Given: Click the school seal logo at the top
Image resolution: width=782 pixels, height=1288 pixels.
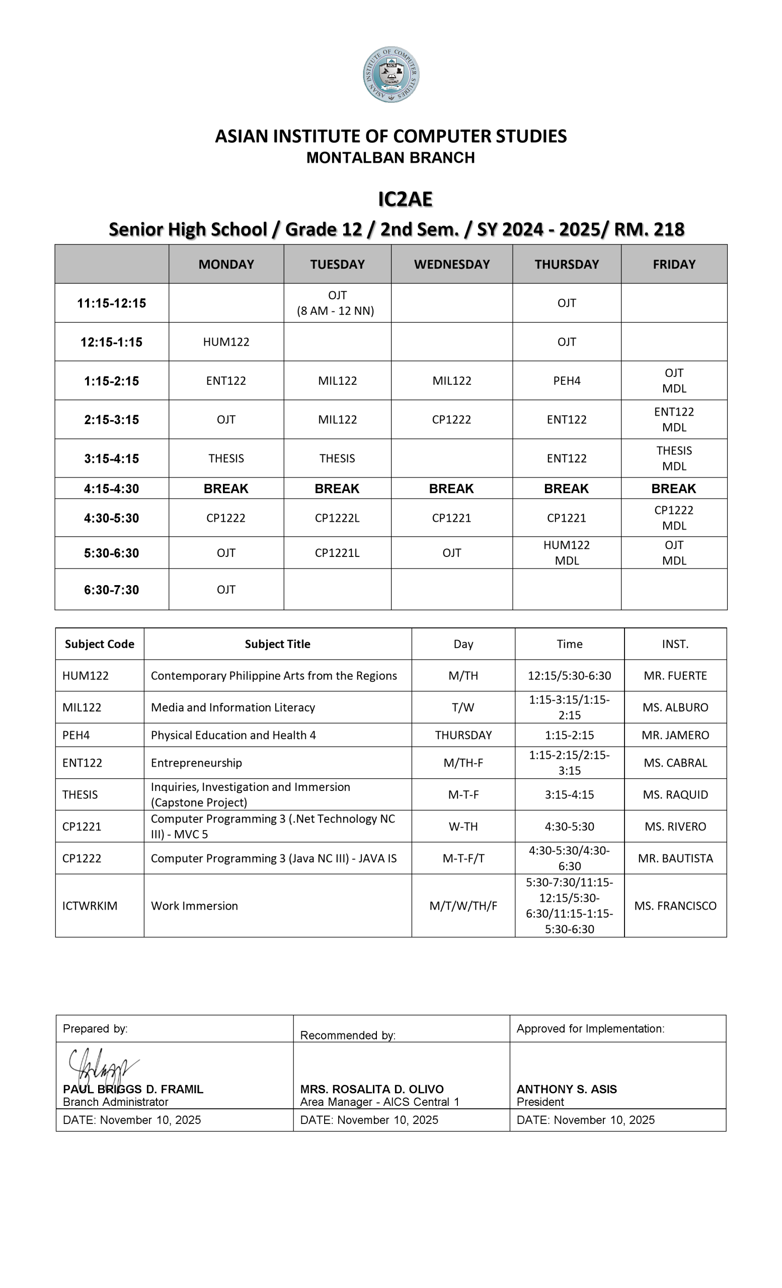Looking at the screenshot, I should [391, 74].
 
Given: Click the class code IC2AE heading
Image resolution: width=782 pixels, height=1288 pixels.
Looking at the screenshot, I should [405, 199].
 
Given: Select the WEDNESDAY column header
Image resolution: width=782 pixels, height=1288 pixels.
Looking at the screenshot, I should [451, 265].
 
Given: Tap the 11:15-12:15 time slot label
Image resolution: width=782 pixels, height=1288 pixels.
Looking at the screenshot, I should [111, 303].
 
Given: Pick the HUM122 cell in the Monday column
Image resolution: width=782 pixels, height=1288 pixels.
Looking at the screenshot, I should [226, 342].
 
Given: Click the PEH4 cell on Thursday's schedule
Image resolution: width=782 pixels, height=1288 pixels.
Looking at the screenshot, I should [567, 380].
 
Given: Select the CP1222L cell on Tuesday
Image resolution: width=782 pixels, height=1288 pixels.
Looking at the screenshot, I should [337, 518].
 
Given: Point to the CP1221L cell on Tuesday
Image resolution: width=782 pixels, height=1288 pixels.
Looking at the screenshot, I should [337, 553].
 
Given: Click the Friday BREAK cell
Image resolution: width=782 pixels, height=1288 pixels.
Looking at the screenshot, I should [673, 489].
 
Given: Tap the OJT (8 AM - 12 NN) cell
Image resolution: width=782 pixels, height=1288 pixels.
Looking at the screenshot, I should [337, 303].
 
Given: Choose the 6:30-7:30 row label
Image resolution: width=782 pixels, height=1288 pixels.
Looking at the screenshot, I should [111, 590].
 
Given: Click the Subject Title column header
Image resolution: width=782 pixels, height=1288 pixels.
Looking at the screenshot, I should [278, 644].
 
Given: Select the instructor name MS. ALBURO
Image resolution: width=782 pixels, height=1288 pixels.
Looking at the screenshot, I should [675, 707].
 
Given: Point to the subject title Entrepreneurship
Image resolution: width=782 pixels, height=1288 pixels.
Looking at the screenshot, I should [197, 763].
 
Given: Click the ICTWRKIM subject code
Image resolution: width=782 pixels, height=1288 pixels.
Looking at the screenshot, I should [90, 906].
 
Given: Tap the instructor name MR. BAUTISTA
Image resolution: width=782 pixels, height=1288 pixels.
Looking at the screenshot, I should [675, 858].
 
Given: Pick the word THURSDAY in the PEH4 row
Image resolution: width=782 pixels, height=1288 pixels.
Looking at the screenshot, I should [463, 735].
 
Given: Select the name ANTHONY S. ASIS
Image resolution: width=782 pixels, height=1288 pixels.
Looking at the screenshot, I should [567, 1089].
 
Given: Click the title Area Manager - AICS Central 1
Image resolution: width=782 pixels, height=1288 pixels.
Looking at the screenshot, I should [379, 1102].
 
